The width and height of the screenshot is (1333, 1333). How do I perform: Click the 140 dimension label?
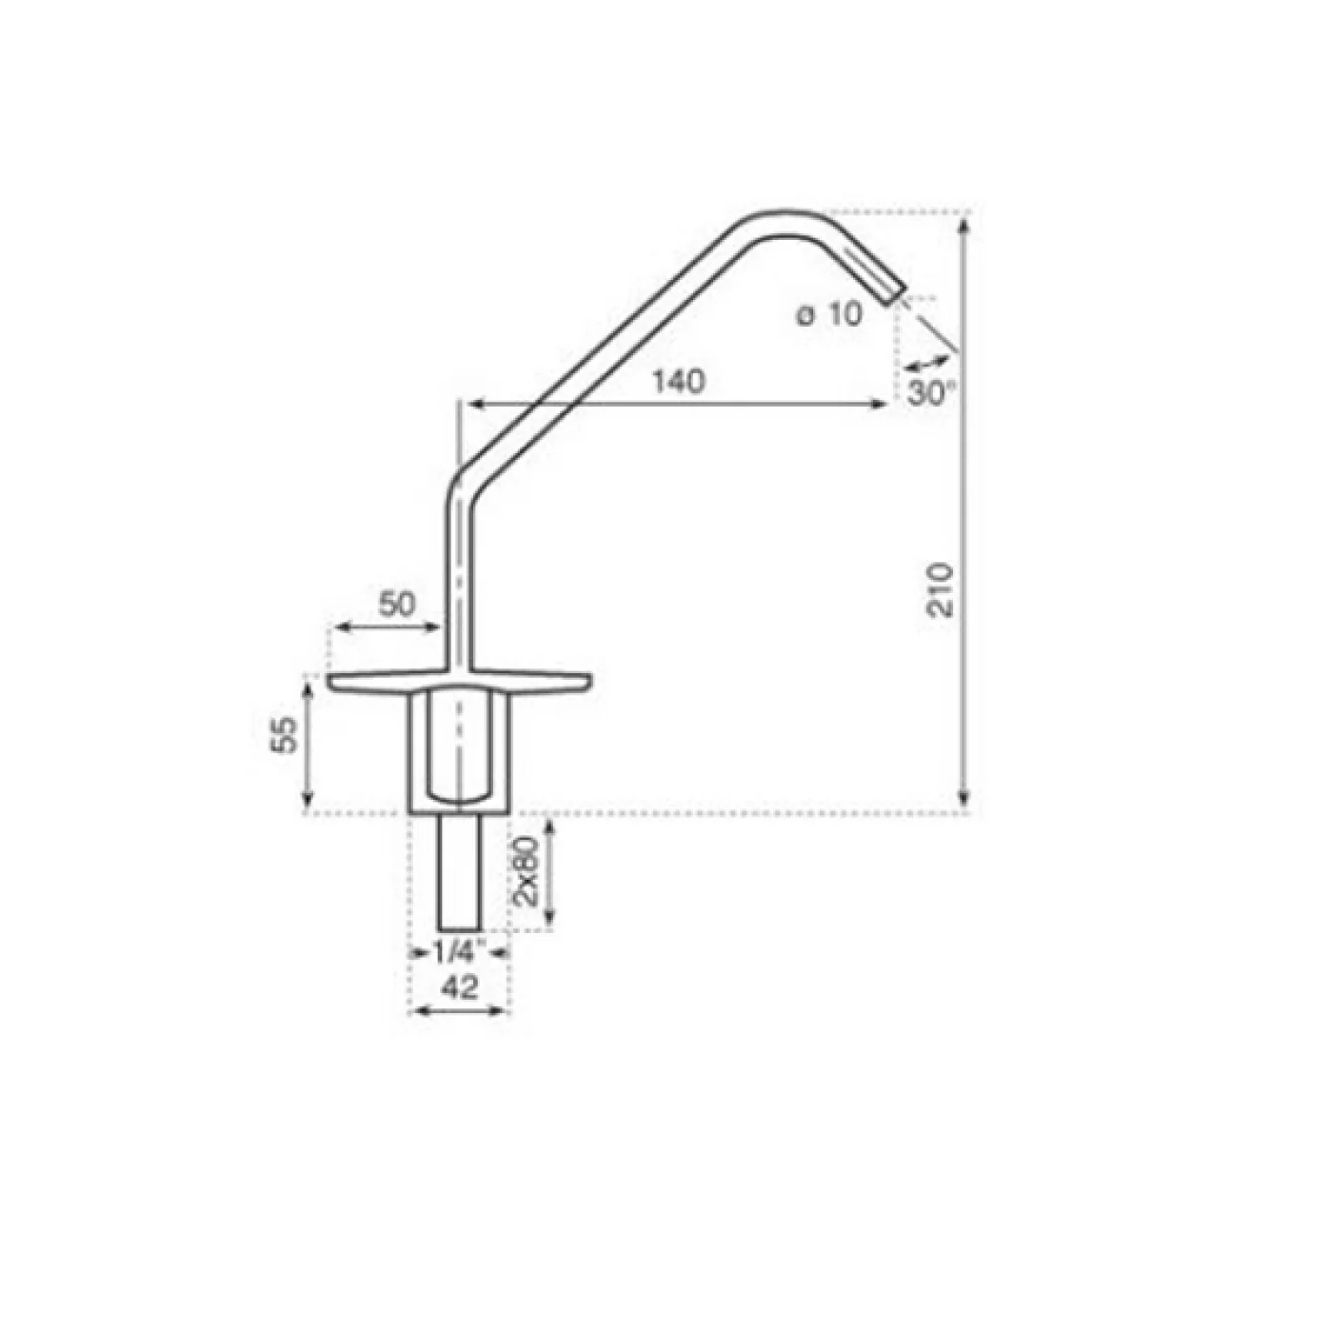[679, 381]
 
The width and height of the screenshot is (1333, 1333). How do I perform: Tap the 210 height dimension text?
[940, 590]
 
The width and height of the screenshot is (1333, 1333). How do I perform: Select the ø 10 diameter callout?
[830, 315]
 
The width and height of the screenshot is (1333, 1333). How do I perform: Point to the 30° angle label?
[930, 393]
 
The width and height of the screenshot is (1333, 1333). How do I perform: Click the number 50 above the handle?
[397, 604]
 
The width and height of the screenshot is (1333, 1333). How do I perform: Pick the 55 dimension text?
[283, 734]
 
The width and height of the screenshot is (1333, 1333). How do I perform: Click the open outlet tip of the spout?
[895, 295]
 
